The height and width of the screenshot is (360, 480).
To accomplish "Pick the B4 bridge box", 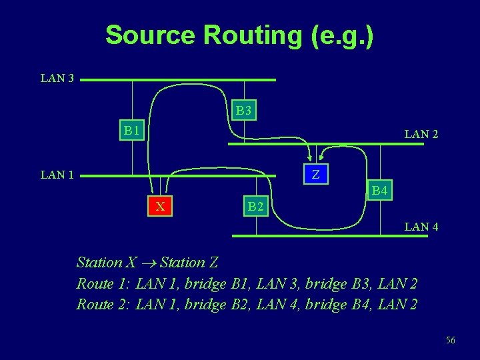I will point(380,191).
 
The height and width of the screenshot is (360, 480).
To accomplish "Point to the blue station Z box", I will point(316,175).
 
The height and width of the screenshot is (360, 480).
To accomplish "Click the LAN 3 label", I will point(57,79).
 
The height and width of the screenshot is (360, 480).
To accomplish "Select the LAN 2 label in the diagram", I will point(421,134).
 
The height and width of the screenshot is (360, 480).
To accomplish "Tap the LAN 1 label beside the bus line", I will point(57,175).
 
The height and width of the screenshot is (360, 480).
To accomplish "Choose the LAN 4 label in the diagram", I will point(421,227).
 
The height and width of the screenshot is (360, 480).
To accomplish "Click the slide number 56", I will point(451,341).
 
